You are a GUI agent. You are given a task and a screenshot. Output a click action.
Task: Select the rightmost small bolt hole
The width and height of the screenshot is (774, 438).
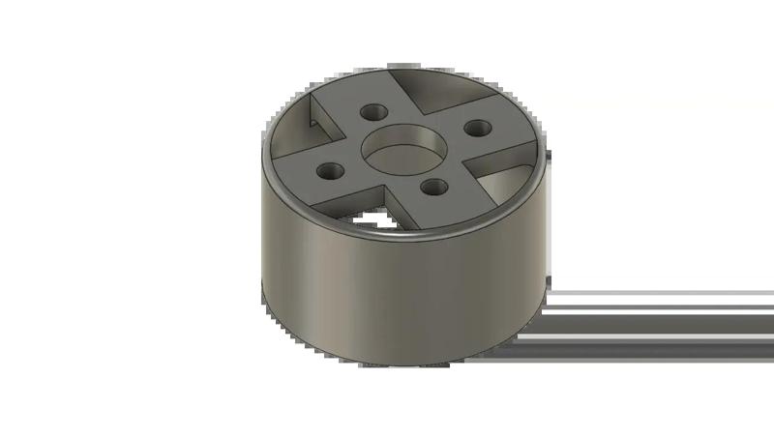click(x=475, y=127)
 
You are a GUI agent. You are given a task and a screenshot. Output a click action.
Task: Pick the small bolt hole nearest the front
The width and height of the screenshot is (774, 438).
click(x=429, y=185)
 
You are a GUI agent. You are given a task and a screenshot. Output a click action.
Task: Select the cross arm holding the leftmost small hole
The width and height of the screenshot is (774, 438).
click(x=319, y=174)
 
